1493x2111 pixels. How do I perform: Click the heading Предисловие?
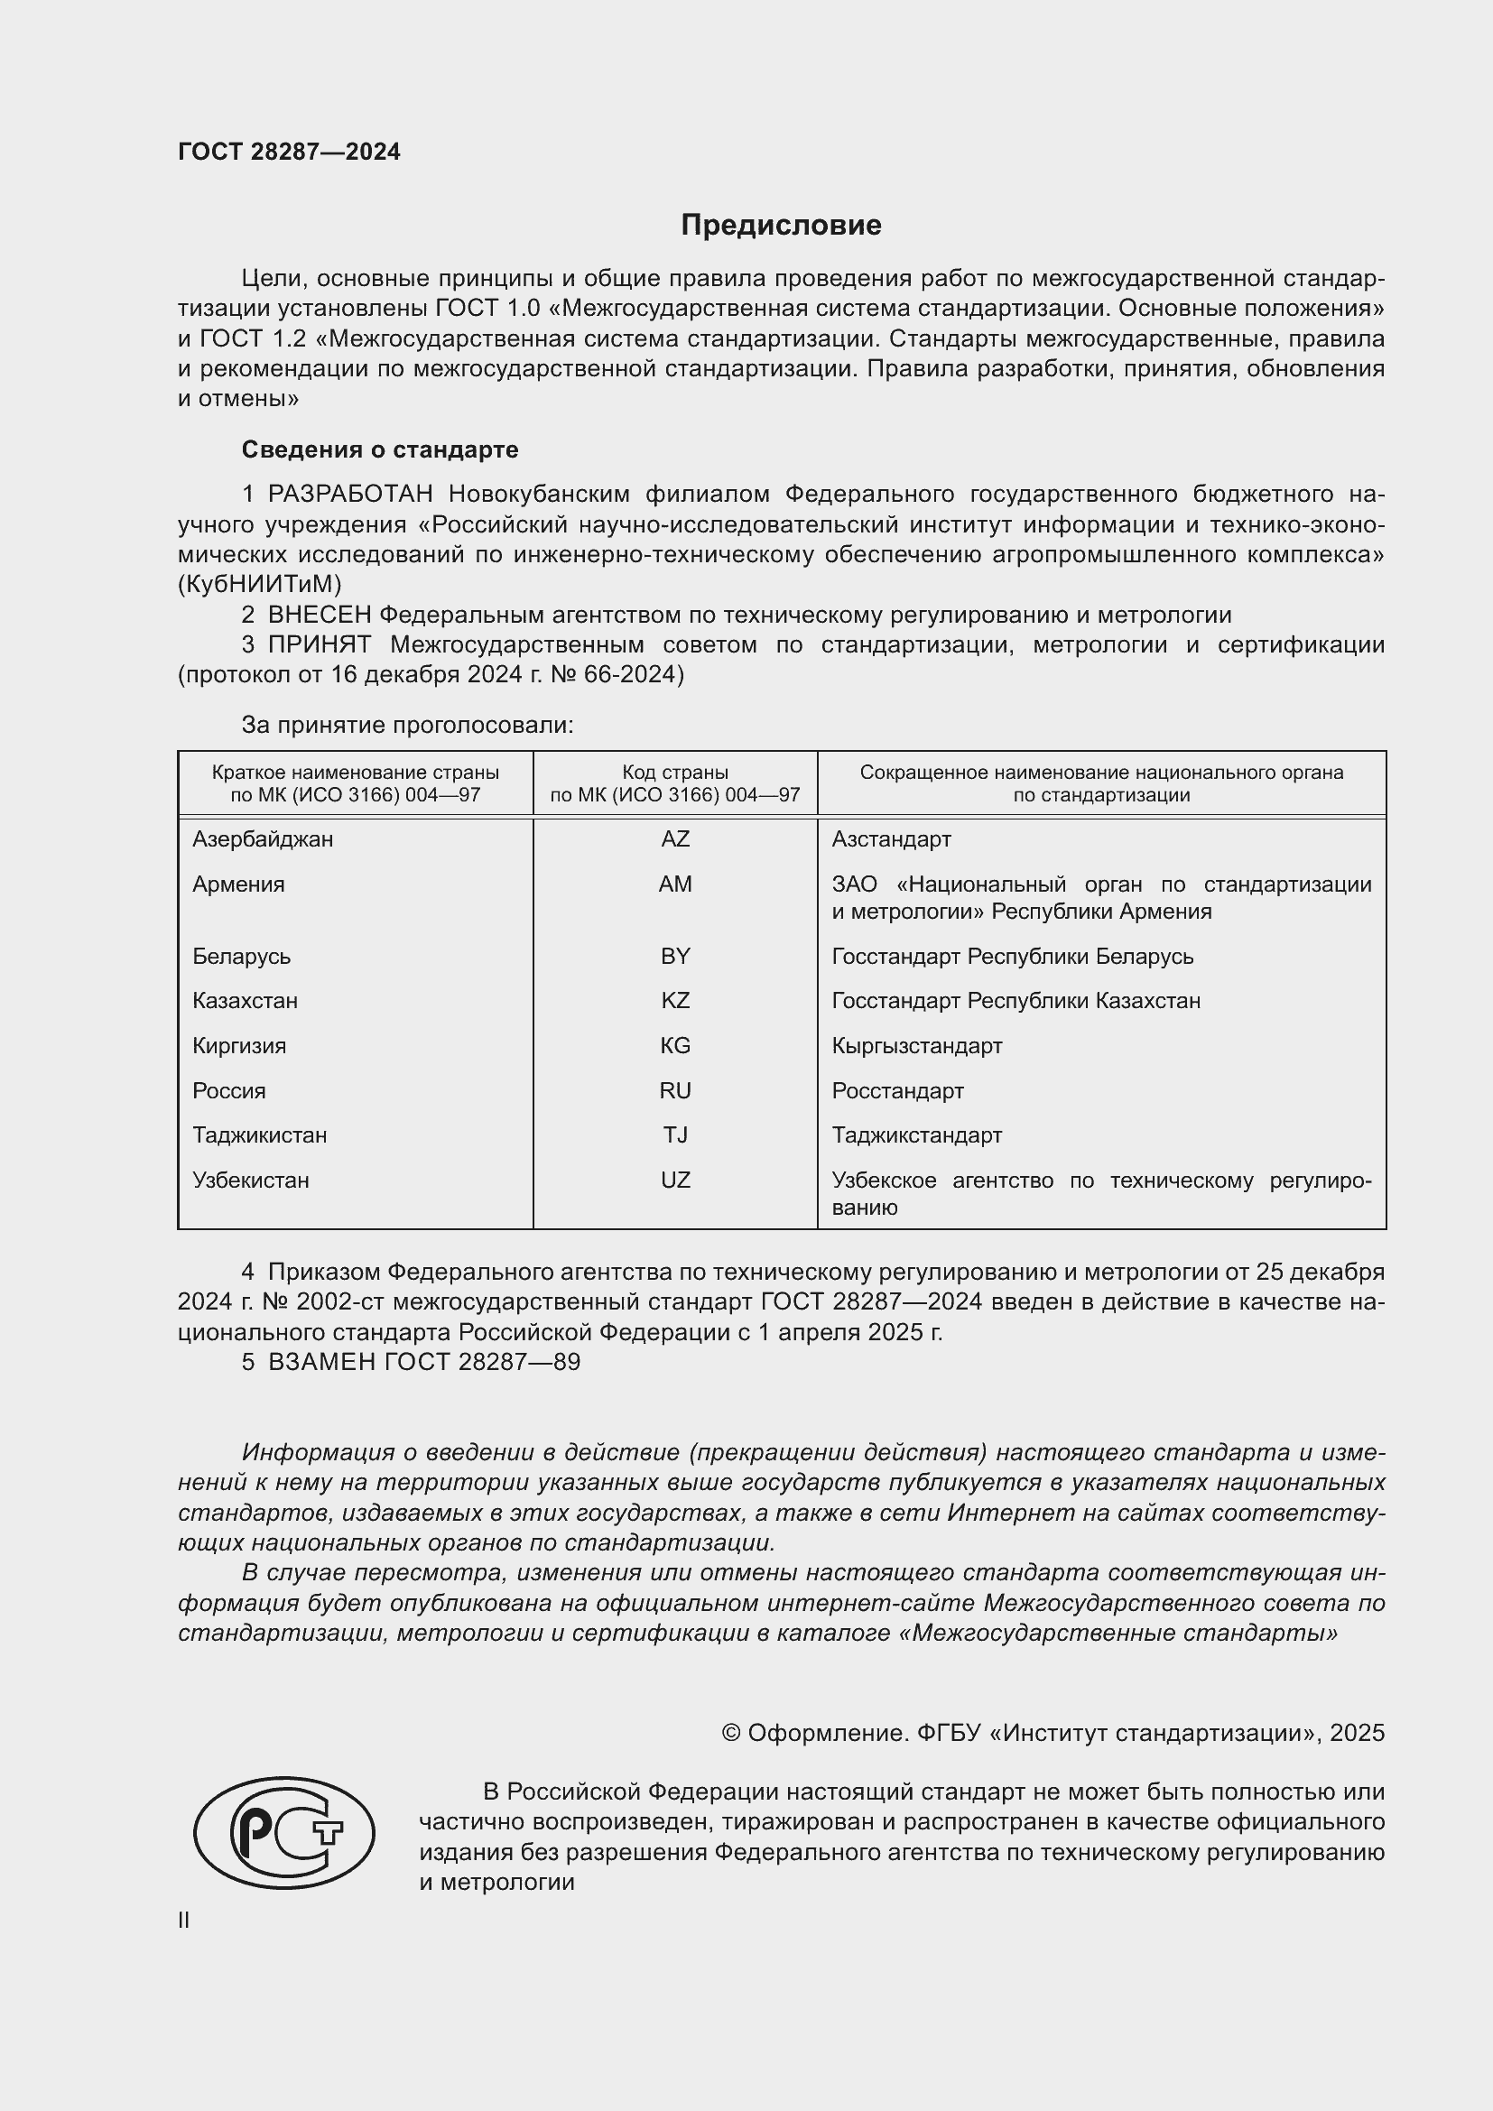tap(781, 226)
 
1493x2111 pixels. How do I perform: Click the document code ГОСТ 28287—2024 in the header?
tap(289, 152)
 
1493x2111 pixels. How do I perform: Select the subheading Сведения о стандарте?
tap(379, 449)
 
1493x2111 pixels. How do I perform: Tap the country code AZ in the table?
tap(675, 838)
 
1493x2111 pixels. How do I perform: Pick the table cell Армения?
tap(238, 884)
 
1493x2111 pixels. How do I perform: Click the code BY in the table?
tap(675, 956)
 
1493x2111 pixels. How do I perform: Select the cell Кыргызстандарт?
tap(916, 1045)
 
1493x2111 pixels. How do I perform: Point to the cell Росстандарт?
tap(897, 1090)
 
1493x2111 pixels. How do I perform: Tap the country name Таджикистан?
tap(259, 1134)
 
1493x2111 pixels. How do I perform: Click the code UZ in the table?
tap(675, 1180)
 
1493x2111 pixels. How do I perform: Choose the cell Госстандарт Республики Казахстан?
tap(1015, 1000)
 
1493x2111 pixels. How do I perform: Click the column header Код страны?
tap(675, 773)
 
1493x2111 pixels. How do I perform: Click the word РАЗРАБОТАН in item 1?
tap(349, 494)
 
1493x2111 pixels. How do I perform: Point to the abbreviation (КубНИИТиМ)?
tap(259, 584)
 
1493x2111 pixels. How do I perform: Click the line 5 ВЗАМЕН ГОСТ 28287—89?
tap(411, 1362)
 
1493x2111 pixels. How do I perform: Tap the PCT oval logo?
tap(284, 1832)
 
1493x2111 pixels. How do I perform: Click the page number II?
tap(184, 1920)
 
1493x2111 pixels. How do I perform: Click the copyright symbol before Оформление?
tap(731, 1733)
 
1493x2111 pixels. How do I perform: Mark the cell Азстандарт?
tap(891, 838)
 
